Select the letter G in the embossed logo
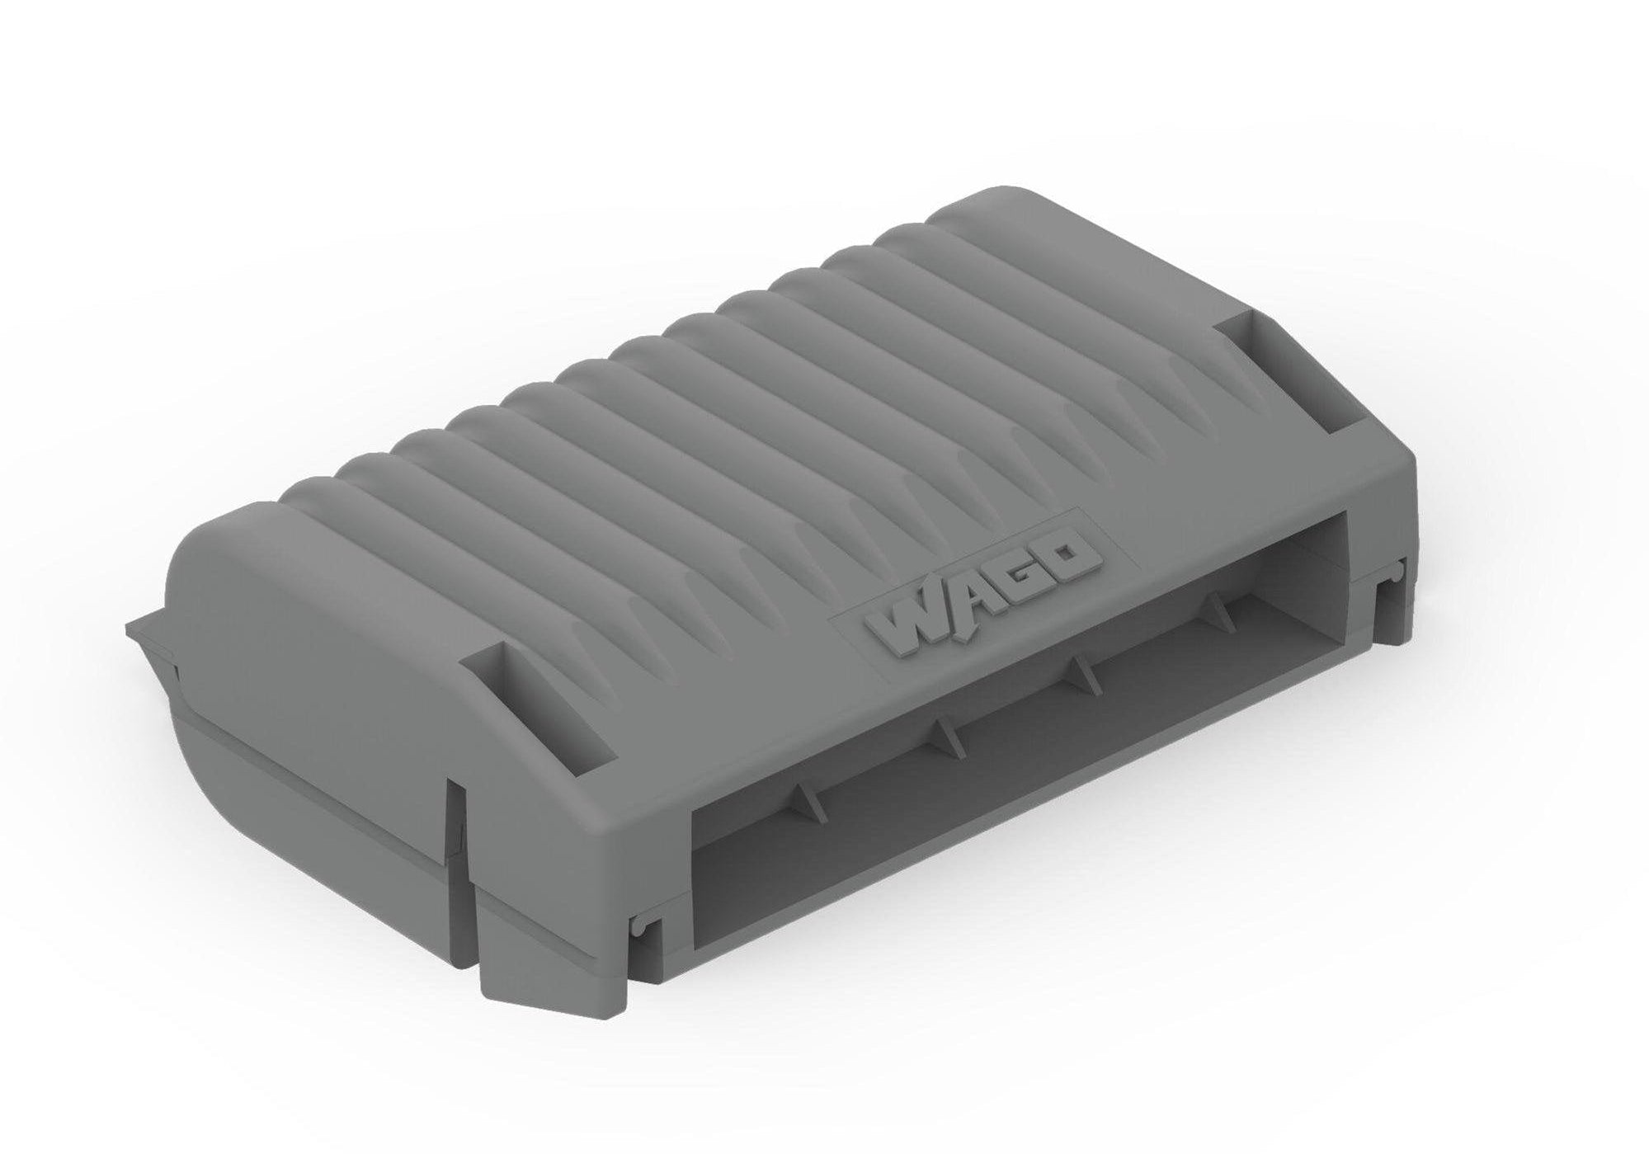[1015, 577]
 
